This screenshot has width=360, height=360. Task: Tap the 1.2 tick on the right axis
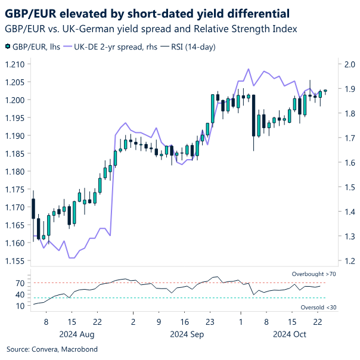(347, 261)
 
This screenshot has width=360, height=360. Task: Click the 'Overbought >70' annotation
(314, 274)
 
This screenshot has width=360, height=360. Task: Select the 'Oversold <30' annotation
(317, 307)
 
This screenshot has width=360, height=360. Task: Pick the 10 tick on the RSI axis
(19, 306)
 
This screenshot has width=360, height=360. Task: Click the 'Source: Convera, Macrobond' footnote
(52, 349)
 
